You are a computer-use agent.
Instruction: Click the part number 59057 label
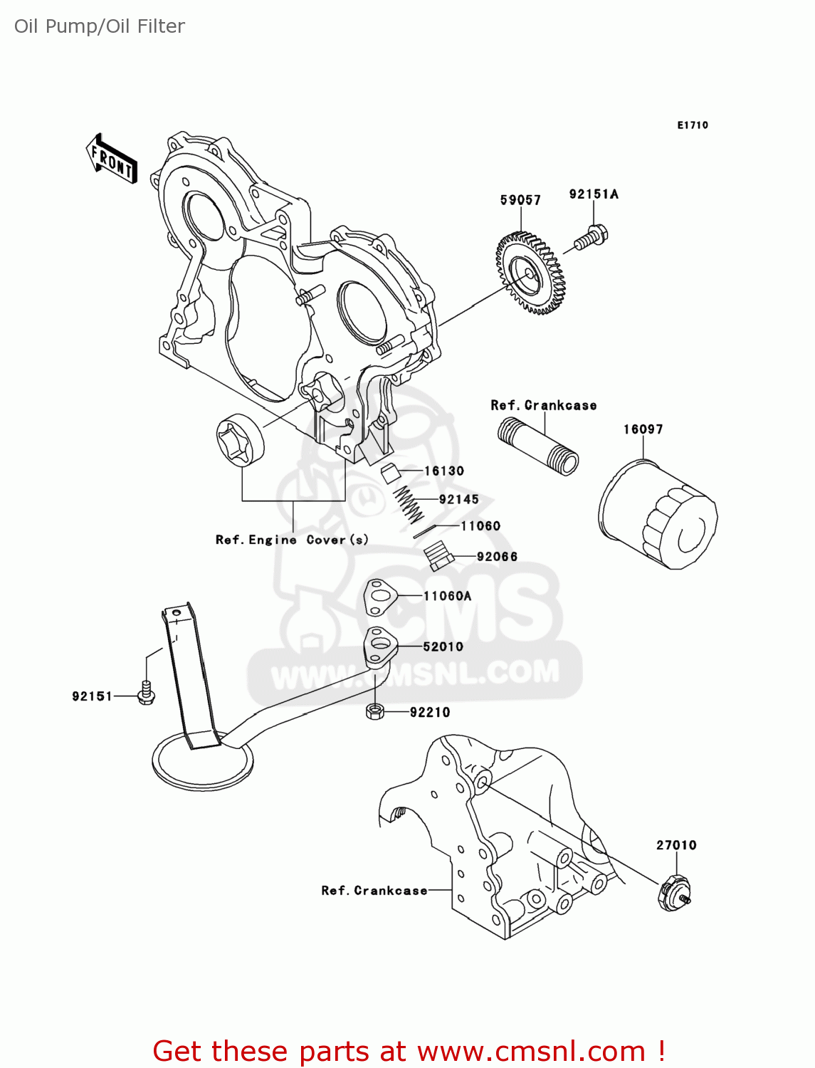(520, 200)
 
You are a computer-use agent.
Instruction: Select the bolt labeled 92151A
(591, 237)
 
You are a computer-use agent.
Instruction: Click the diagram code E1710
(692, 125)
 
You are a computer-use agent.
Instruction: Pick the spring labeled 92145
(409, 503)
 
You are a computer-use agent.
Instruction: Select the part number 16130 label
(443, 471)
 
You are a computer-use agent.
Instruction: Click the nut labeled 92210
(375, 711)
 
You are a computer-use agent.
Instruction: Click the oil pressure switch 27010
(673, 894)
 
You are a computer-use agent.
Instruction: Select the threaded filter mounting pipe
(537, 446)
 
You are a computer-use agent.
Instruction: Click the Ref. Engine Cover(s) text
(292, 540)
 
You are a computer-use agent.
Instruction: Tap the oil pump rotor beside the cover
(240, 440)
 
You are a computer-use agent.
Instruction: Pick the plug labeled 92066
(438, 555)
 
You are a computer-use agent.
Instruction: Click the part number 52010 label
(443, 646)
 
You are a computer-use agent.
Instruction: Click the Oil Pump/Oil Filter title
(100, 26)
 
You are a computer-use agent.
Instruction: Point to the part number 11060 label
(480, 526)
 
